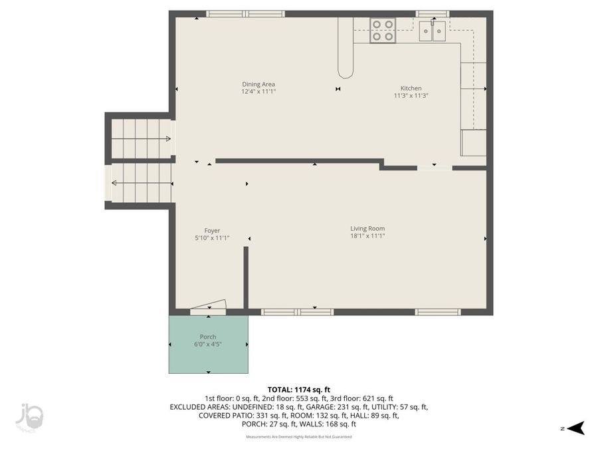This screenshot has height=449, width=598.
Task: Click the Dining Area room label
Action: (258, 84)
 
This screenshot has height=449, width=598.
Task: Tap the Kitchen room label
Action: (410, 88)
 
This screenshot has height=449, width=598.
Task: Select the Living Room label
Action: (367, 229)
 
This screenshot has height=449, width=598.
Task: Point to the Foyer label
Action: (212, 231)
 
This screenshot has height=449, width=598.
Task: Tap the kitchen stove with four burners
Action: (382, 31)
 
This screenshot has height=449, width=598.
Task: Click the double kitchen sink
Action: (433, 31)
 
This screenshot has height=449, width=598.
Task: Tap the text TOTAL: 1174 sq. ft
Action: (298, 389)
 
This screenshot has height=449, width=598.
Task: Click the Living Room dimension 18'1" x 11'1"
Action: (367, 235)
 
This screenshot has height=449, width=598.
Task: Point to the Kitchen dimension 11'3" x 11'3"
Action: (410, 95)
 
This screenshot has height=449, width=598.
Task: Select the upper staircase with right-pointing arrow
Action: (140, 138)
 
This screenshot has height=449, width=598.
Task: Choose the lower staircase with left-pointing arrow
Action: (140, 183)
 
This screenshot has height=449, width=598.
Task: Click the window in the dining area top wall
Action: (245, 13)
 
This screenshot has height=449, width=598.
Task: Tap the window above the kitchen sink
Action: (432, 13)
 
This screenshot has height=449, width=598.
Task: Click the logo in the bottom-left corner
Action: (30, 416)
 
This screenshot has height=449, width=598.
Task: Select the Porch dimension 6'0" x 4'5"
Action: (208, 344)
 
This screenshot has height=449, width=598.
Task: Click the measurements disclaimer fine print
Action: (298, 437)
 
